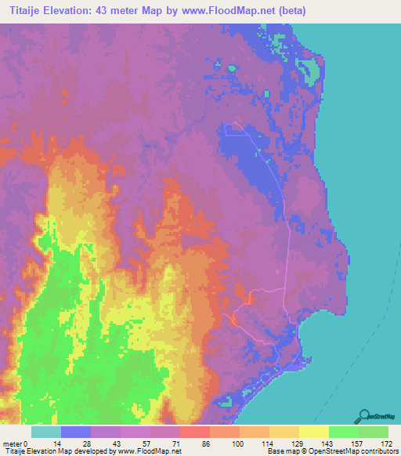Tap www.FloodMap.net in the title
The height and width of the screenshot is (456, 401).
tap(226, 11)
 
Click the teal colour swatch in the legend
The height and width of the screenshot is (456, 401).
tap(46, 432)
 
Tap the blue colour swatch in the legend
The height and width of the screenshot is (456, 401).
tap(76, 432)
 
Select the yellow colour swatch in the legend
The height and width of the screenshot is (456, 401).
tap(314, 432)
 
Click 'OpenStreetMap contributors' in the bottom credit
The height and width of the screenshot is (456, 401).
tap(359, 451)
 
